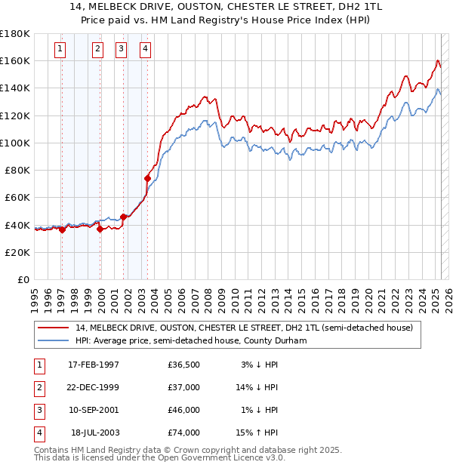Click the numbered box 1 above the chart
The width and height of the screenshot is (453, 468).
pos(60,50)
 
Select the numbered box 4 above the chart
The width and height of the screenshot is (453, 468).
pos(145,50)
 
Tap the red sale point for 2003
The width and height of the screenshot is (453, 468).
pos(147,178)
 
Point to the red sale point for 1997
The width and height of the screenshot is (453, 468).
pos(62,229)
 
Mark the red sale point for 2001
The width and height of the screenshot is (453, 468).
pos(123,217)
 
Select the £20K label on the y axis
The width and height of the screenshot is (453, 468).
pos(17,252)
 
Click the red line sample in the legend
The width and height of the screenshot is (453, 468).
pos(54,328)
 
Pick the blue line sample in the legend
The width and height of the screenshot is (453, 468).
pos(54,341)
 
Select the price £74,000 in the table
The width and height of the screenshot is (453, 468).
pos(184,433)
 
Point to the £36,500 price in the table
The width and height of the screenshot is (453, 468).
pos(184,365)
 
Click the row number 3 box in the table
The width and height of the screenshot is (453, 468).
pos(39,411)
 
